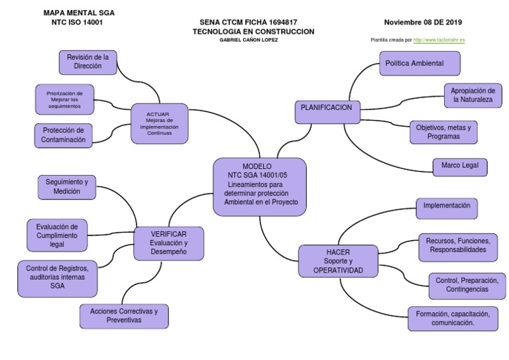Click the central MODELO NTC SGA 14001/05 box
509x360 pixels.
[x=260, y=186]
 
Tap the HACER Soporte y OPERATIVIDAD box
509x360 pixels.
[x=338, y=261]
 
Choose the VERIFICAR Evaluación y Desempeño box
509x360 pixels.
[x=168, y=243]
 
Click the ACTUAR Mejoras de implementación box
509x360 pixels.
[x=158, y=123]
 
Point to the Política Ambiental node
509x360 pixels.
[x=420, y=63]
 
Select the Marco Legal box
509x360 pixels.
[x=460, y=164]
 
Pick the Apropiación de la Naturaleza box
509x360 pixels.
[x=473, y=95]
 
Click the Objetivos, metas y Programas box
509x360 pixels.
[x=443, y=131]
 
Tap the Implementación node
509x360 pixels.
[x=447, y=206]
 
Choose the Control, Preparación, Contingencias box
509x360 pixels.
[x=463, y=285]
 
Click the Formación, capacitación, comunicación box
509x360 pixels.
[x=453, y=318]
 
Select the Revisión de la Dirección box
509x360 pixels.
[x=88, y=62]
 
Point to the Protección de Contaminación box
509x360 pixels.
[x=64, y=135]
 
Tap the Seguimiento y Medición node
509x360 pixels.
[x=67, y=186]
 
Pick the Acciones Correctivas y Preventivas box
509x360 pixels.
[x=124, y=316]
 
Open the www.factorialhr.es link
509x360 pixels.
[x=439, y=40]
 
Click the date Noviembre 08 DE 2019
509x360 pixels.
[x=424, y=22]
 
